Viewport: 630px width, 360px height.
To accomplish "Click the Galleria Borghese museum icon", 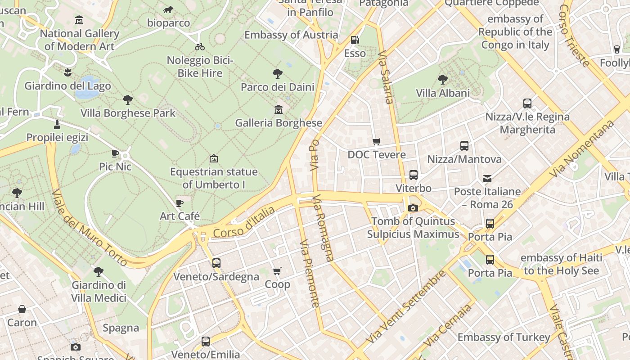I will point(278,109).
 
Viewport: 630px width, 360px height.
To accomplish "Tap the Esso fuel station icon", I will point(355,40).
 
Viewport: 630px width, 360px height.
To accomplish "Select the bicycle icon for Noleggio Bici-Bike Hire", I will point(200,47).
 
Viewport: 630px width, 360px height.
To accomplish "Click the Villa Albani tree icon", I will point(442,80).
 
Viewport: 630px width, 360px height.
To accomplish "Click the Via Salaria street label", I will point(386,77).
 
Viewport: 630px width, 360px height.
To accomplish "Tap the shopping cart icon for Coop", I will point(277,271).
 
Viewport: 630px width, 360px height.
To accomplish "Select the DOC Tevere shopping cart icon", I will point(377,141).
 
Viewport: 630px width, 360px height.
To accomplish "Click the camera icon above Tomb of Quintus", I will point(413,208).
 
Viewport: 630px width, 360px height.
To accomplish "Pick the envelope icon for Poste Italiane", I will point(487,178).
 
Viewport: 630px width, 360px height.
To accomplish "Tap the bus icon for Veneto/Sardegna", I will point(216,263).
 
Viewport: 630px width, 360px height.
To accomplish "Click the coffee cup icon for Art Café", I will point(180,203).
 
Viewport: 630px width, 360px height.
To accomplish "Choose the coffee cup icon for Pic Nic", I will point(115,153).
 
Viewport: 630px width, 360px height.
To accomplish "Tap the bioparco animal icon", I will point(168,9).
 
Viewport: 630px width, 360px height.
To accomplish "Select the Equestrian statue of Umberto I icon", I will point(214,158).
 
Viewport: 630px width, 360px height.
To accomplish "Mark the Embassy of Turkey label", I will point(504,337).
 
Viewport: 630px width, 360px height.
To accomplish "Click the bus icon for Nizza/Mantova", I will point(464,146).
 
